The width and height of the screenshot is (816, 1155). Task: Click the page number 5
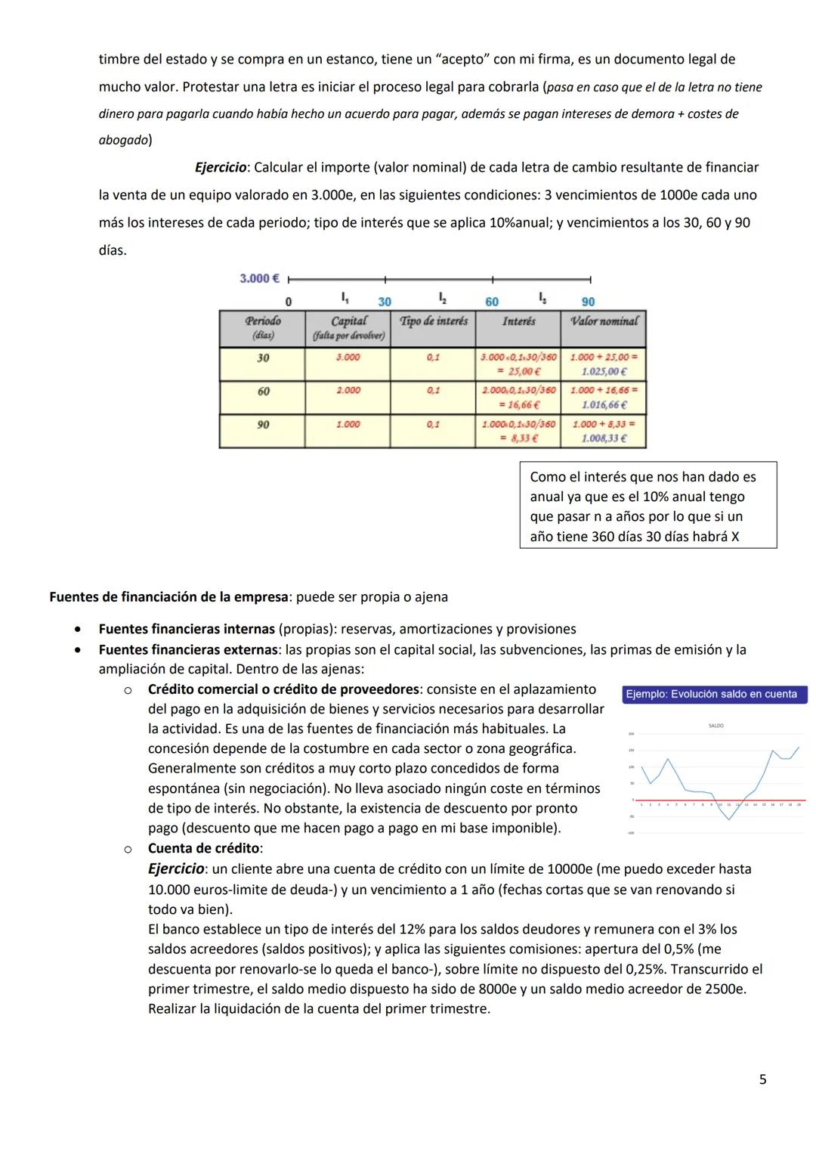pyautogui.click(x=762, y=1079)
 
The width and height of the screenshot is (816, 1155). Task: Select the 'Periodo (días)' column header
pyautogui.click(x=262, y=327)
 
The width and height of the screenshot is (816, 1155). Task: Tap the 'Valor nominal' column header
pyautogui.click(x=604, y=321)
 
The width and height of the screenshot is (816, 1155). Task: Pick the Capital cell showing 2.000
pyautogui.click(x=348, y=391)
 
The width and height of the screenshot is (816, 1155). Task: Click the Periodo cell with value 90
pyautogui.click(x=262, y=425)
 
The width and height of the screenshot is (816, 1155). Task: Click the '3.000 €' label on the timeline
pyautogui.click(x=259, y=278)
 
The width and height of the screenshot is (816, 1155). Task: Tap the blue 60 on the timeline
pyautogui.click(x=492, y=302)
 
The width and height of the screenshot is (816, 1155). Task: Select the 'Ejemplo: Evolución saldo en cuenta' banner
pyautogui.click(x=714, y=694)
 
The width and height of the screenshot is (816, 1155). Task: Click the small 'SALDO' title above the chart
pyautogui.click(x=716, y=726)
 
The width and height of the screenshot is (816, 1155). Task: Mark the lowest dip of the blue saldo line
pyautogui.click(x=729, y=819)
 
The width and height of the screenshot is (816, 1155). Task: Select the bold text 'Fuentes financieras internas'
pyautogui.click(x=187, y=629)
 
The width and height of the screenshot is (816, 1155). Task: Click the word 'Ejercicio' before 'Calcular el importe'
pyautogui.click(x=221, y=167)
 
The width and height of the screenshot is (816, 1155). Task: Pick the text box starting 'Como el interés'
pyautogui.click(x=648, y=506)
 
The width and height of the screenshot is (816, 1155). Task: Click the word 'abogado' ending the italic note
pyautogui.click(x=123, y=140)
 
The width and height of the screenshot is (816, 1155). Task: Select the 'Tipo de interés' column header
pyautogui.click(x=433, y=321)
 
